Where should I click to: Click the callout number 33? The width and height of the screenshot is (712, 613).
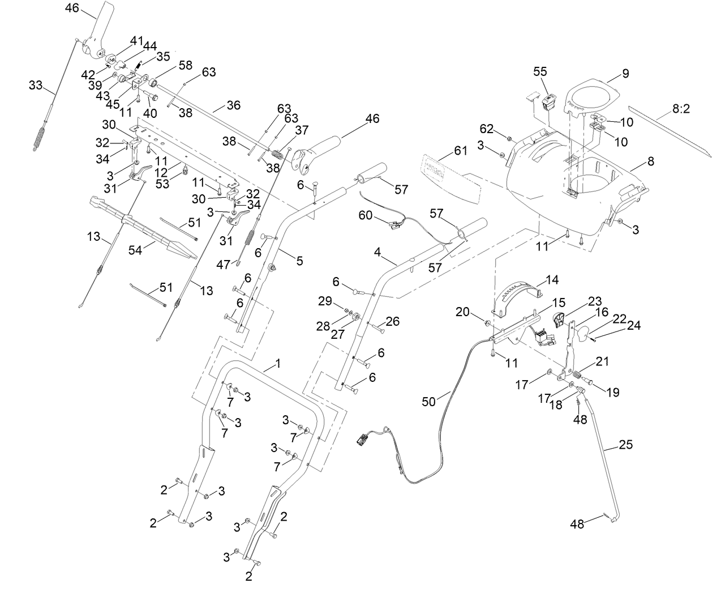click(x=36, y=85)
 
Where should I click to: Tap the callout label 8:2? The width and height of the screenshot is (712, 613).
click(x=681, y=109)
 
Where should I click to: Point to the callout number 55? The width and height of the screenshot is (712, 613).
click(x=541, y=71)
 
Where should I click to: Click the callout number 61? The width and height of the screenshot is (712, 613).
click(x=461, y=150)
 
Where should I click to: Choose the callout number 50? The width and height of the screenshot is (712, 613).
click(x=429, y=401)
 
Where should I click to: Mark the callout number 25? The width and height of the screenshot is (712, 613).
click(x=625, y=445)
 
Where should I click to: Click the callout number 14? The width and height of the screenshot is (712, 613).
click(x=551, y=280)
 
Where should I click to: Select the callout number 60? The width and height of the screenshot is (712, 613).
click(x=366, y=215)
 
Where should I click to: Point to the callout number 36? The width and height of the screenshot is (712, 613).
click(x=233, y=105)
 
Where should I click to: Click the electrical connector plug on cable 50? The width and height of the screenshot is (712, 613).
click(x=362, y=439)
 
